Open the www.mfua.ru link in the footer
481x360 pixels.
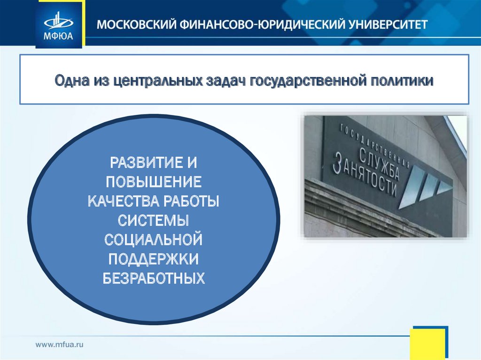click(60, 345)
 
